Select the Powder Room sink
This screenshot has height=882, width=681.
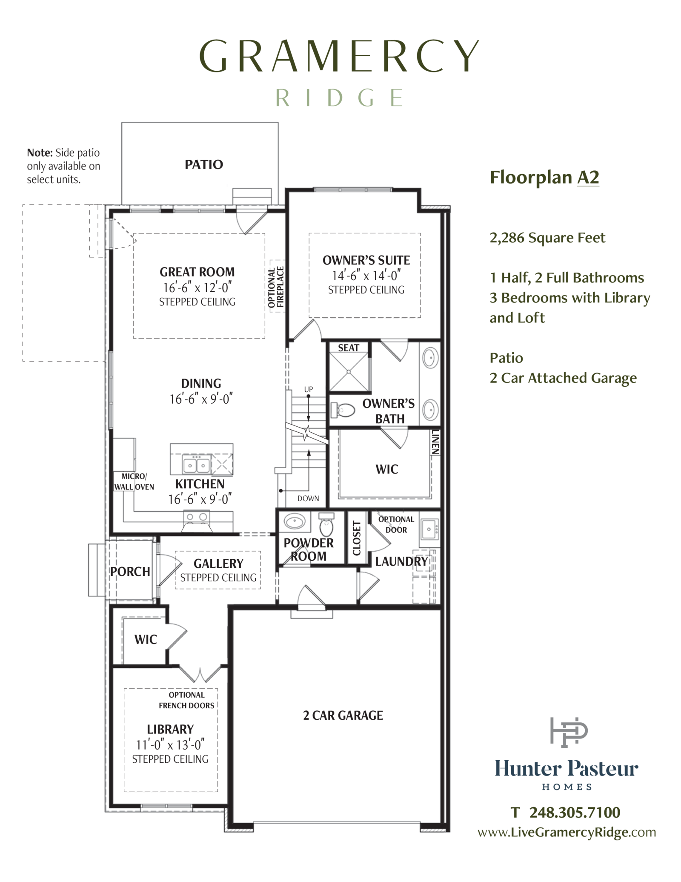click(x=295, y=521)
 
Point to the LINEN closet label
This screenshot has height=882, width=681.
click(x=435, y=442)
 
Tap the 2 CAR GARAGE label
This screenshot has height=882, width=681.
click(x=343, y=715)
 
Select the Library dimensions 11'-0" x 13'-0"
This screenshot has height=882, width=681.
click(x=170, y=744)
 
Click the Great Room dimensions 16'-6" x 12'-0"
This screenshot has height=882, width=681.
click(x=197, y=287)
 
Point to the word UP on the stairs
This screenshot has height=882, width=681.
click(x=309, y=389)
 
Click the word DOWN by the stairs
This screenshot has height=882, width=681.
click(x=308, y=498)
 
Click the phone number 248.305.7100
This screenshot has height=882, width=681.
click(x=575, y=812)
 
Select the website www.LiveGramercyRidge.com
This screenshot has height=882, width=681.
click(x=567, y=832)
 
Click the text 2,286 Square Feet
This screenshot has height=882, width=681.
click(x=547, y=238)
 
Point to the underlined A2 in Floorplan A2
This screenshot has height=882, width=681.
click(x=588, y=177)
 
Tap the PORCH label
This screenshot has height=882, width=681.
click(x=130, y=572)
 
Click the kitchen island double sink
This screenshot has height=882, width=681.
click(x=196, y=465)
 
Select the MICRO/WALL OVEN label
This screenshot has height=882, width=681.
click(x=134, y=482)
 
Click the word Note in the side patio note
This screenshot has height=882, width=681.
click(x=40, y=152)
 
